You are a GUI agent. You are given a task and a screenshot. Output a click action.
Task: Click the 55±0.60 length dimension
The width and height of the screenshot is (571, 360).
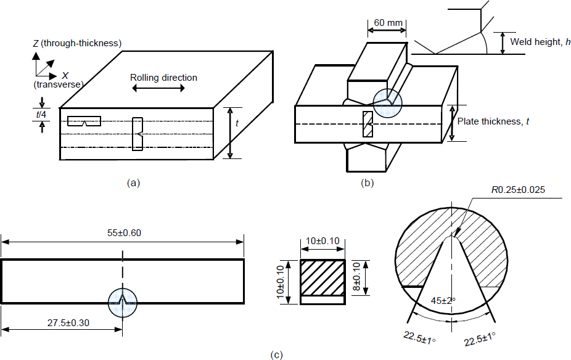[x=123, y=234]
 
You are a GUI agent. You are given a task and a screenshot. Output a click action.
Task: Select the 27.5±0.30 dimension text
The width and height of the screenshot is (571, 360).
[x=61, y=322]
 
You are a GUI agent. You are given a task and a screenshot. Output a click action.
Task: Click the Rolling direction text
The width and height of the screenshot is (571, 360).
[x=163, y=78]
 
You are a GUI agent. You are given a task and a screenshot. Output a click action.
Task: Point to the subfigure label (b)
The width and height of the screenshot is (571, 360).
[x=368, y=182]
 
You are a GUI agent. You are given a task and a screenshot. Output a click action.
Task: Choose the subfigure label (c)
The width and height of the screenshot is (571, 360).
[x=277, y=354]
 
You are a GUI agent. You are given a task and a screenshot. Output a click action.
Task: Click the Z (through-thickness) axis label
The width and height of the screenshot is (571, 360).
[x=76, y=43]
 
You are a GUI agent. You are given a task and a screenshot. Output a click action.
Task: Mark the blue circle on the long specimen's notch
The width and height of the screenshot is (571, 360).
[x=123, y=303]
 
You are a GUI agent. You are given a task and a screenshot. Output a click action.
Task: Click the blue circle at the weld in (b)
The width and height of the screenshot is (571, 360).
[x=385, y=101]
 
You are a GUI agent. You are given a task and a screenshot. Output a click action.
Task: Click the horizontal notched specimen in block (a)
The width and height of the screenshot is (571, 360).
[x=84, y=121]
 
